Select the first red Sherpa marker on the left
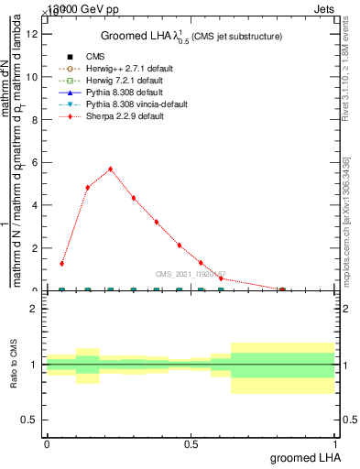tap(61, 264)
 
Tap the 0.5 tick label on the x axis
tap(191, 443)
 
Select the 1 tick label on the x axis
tap(334, 443)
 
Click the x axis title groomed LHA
tap(306, 458)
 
